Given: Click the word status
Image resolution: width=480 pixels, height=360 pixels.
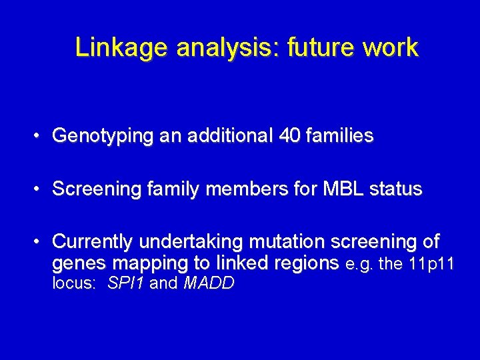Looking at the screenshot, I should pos(397,189).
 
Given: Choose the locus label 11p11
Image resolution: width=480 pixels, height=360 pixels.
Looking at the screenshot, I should pos(431,264).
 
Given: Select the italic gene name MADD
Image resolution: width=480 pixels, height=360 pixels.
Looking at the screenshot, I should pos(209,283).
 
